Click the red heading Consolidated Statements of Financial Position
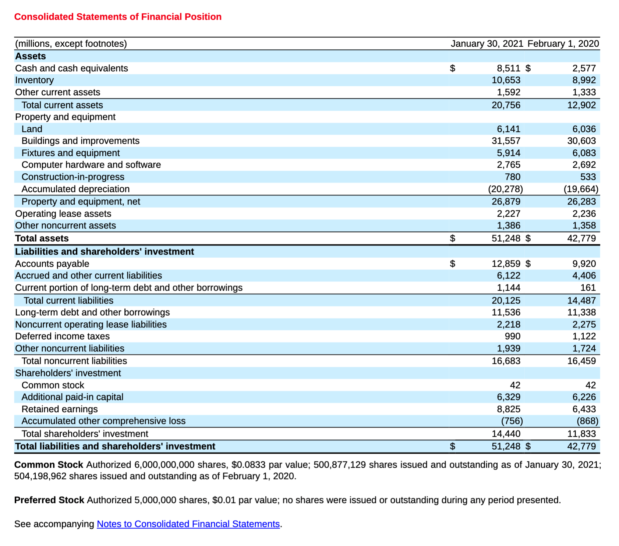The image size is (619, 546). [118, 17]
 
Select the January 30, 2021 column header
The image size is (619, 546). [487, 44]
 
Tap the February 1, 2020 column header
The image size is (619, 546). [563, 44]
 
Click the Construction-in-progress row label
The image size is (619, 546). [73, 177]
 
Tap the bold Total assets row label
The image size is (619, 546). [42, 238]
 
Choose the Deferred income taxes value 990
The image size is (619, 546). [512, 336]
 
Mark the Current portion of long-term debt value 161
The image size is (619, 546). [588, 288]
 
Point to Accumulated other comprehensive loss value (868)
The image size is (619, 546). [587, 421]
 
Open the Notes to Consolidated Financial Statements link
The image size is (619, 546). [188, 524]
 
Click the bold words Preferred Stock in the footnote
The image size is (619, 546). [49, 500]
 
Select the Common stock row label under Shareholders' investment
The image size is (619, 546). [53, 385]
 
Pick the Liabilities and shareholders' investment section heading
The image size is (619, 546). [105, 252]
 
